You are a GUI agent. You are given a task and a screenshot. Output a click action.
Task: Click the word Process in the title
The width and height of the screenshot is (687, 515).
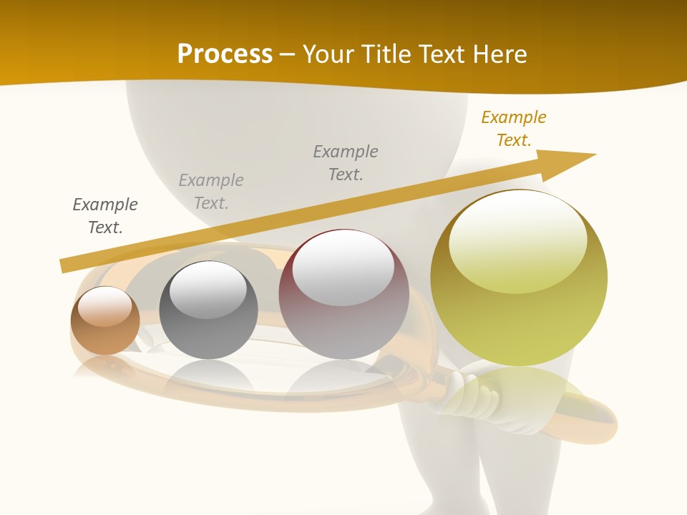225,54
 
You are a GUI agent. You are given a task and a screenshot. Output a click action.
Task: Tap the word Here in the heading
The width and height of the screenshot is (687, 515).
498,54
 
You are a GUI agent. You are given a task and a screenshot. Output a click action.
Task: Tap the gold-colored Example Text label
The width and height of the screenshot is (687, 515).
514,129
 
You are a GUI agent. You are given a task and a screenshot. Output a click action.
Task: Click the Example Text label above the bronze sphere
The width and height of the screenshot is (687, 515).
105,216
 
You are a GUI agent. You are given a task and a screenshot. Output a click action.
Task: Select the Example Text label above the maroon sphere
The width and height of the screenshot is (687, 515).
346,163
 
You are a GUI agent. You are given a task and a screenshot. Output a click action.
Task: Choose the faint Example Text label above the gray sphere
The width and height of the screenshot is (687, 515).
211,192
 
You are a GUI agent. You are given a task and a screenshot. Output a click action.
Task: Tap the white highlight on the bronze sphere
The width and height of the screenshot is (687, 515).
104,306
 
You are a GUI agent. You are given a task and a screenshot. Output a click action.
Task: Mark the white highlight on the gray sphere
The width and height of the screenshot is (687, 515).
208,288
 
